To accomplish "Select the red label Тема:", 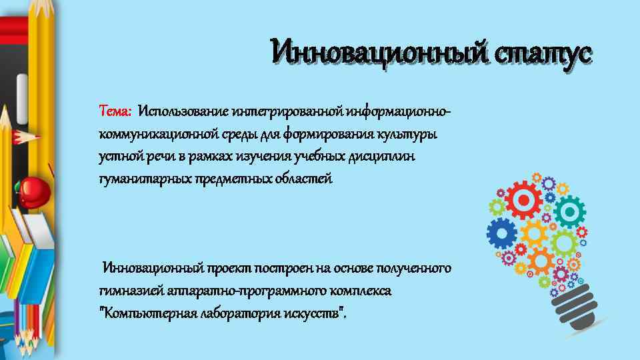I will pyautogui.click(x=115, y=109).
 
